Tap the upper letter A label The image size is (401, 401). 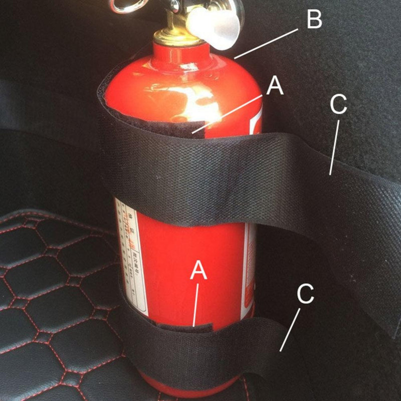click(x=275, y=86)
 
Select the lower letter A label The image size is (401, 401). click(x=198, y=271)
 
